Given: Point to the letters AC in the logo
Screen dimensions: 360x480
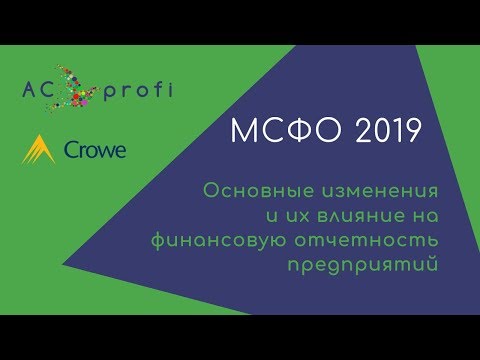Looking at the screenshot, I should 41,91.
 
